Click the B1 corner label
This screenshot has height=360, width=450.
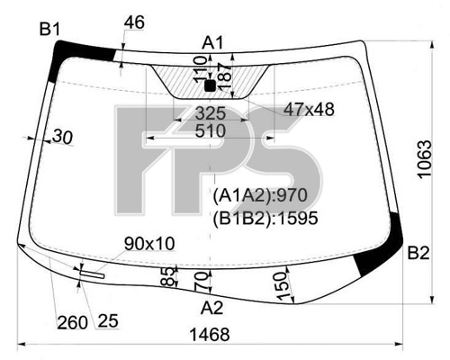50,30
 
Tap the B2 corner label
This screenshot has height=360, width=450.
418,254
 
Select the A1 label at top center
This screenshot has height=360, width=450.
212,43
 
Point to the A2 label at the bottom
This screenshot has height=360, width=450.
212,308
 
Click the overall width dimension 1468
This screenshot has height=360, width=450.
210,334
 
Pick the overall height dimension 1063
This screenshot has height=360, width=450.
425,159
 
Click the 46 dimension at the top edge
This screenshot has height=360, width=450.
134,22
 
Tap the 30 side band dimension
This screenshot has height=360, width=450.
63,137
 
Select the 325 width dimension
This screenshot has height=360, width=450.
211,113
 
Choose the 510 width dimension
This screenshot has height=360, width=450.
211,131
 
